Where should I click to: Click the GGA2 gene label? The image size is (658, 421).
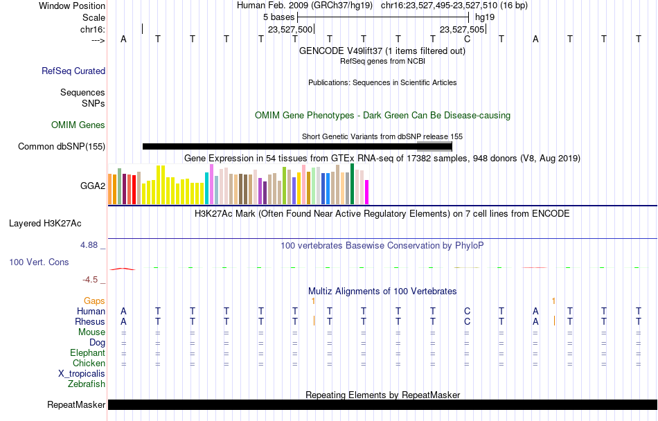[93, 186]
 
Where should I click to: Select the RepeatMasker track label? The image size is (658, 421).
[76, 404]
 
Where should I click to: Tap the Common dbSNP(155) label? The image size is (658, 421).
[62, 146]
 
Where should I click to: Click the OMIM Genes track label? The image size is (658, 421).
[78, 125]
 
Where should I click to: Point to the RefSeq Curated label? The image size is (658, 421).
[73, 71]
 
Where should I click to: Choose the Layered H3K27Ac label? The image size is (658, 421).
[45, 224]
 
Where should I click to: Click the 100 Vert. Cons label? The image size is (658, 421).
[39, 262]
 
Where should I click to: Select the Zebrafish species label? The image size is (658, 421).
[87, 384]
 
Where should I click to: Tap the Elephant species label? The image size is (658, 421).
[87, 352]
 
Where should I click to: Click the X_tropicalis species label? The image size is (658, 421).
[82, 374]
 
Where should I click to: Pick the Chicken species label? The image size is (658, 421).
[89, 363]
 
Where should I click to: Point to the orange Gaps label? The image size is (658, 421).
[94, 301]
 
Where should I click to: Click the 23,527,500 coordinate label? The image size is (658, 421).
[290, 29]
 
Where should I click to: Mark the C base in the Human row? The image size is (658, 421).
[467, 311]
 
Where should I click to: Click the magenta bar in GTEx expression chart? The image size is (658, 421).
[367, 192]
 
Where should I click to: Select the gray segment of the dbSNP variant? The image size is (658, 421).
[434, 146]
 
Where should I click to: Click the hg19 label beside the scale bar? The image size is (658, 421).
[485, 17]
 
